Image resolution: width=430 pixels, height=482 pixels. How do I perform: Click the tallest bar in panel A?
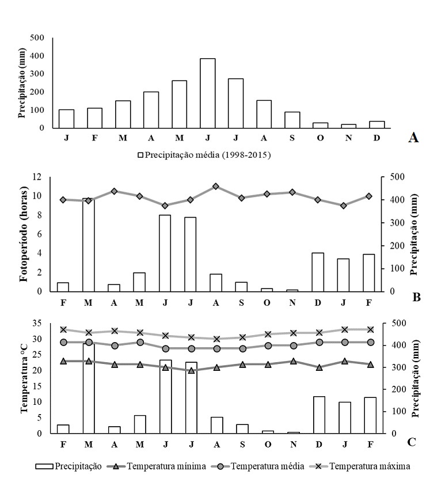click(207, 93)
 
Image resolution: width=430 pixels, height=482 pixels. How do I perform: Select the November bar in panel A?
click(348, 126)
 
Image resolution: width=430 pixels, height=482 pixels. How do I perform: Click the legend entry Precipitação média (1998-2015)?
click(204, 154)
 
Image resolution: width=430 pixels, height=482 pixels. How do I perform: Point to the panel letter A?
click(412, 137)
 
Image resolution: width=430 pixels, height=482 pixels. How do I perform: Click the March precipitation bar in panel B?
click(88, 245)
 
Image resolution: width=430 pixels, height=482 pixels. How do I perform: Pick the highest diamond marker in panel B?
click(215, 187)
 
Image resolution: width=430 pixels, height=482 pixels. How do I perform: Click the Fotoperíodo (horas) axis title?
click(24, 234)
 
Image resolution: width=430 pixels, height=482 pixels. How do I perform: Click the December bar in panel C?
click(318, 415)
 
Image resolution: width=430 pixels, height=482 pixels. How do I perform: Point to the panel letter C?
click(412, 442)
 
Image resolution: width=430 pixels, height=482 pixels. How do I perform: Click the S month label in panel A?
click(292, 138)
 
